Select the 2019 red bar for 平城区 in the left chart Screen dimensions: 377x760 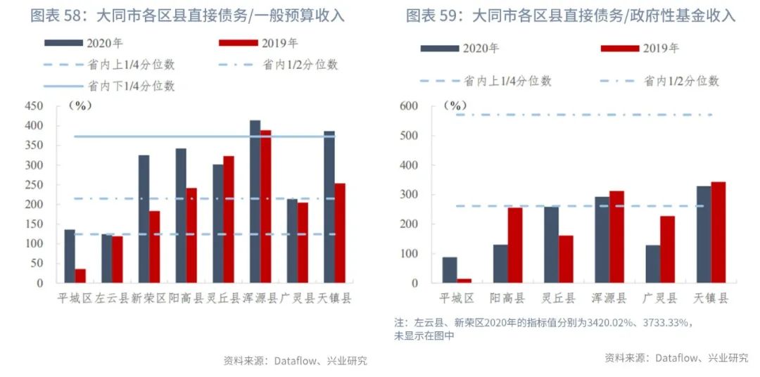(80, 276)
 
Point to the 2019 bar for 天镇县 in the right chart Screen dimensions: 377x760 (718, 232)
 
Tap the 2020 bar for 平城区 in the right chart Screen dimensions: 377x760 (449, 270)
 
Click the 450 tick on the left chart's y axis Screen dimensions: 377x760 (34, 106)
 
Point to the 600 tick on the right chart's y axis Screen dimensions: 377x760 (408, 106)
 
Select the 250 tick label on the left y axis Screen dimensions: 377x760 (34, 185)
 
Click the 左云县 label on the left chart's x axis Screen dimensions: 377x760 (112, 298)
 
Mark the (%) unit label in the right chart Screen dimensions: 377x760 (457, 106)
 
